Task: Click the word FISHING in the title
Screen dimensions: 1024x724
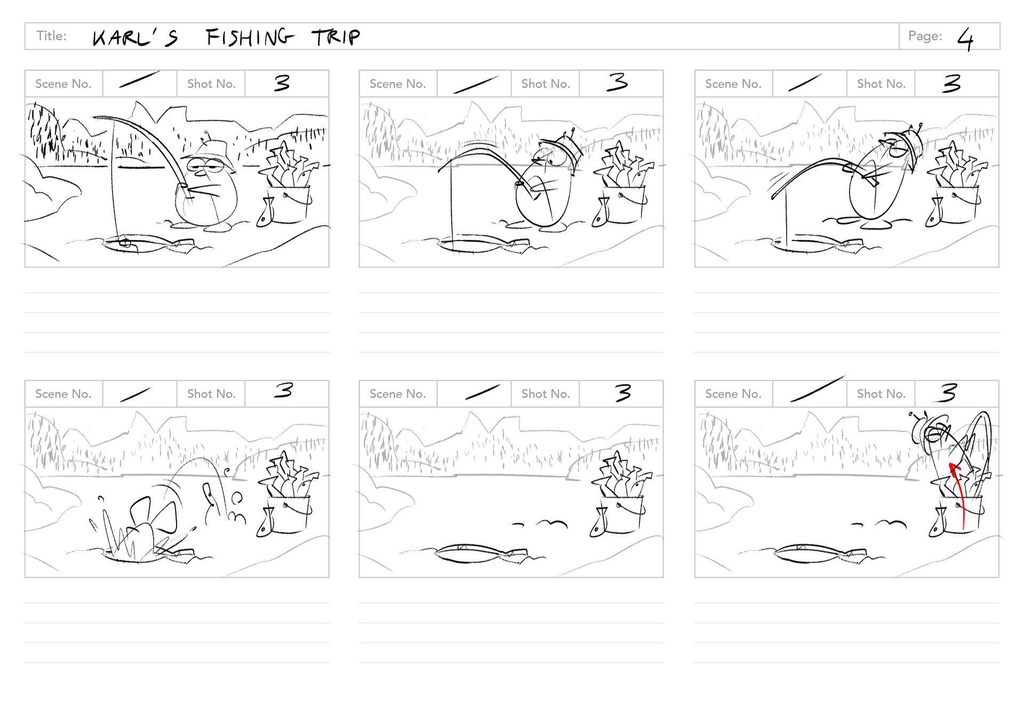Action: [x=250, y=37]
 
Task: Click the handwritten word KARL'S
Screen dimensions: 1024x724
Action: [x=135, y=38]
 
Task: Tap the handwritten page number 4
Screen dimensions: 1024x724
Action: [x=965, y=39]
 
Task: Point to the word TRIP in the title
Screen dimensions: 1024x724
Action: [x=336, y=37]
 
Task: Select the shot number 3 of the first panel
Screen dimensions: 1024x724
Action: [x=282, y=83]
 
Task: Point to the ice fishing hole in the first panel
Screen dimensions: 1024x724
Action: [x=128, y=244]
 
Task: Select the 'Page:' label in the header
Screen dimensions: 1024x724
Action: [x=925, y=36]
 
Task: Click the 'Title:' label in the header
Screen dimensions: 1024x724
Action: [x=52, y=36]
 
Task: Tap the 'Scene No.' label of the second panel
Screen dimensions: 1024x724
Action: [x=397, y=84]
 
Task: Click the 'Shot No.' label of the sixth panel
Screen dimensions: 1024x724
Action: [x=881, y=394]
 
